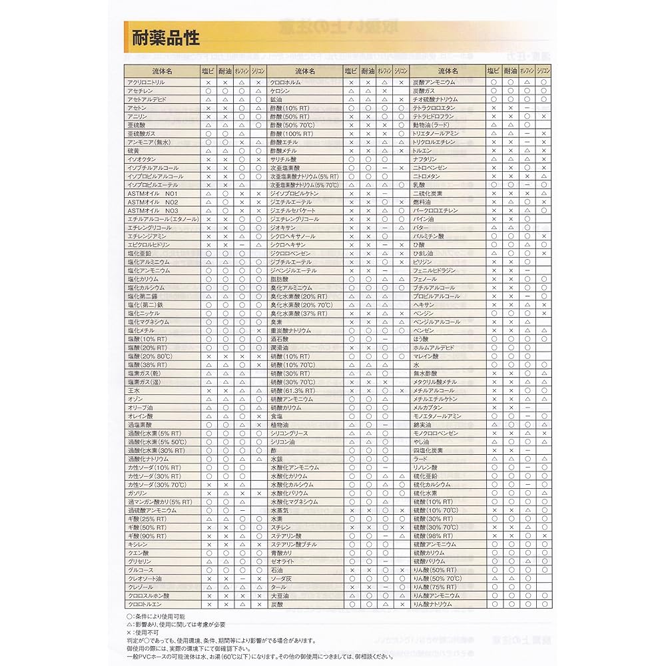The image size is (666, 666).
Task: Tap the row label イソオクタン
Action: point(140,159)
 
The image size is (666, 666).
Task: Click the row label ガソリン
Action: point(137,494)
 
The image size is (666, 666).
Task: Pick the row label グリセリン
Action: point(140,561)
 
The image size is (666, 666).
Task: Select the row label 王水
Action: point(134,390)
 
